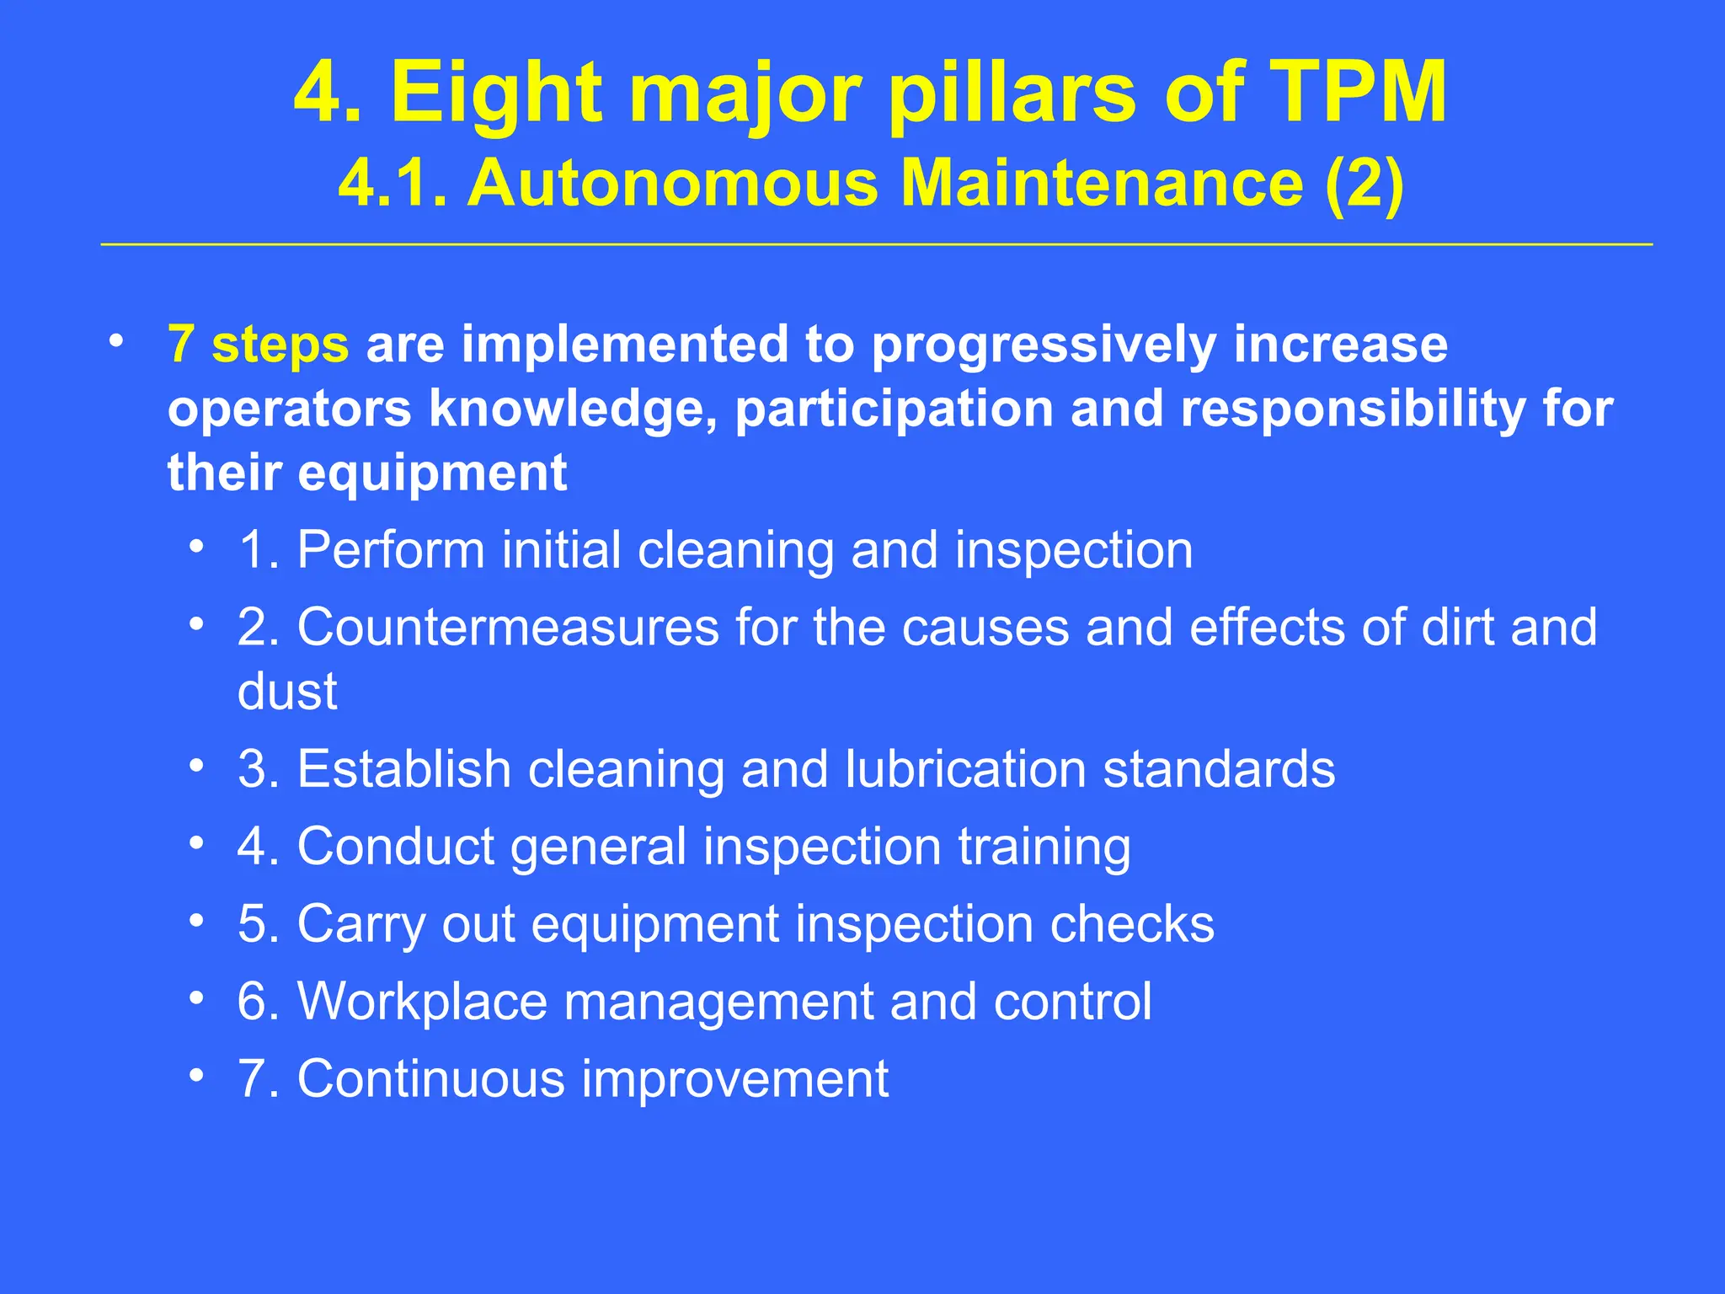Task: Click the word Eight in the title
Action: pos(497,94)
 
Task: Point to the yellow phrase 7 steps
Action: pos(258,345)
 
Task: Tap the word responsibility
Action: pos(1352,409)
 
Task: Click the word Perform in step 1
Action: pos(392,550)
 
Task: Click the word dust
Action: pos(287,692)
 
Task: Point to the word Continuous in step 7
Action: pos(430,1079)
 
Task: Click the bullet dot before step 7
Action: pos(196,1076)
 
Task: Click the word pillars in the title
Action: pos(1012,94)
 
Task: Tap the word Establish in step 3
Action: pos(403,769)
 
